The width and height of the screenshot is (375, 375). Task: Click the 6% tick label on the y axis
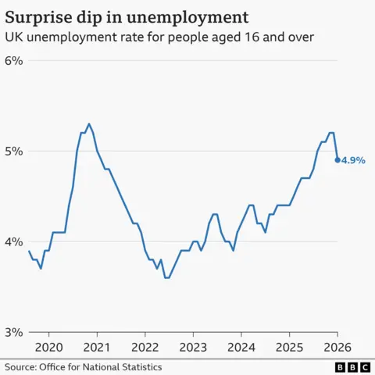click(x=14, y=61)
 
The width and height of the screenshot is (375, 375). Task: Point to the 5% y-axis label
click(x=14, y=151)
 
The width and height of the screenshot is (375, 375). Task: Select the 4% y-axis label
click(x=14, y=241)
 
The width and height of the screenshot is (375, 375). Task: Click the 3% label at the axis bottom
click(x=14, y=332)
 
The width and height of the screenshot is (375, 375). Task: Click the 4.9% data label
click(x=353, y=160)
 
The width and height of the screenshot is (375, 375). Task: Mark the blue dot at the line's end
click(x=337, y=160)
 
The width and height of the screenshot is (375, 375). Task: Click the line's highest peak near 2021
click(x=89, y=123)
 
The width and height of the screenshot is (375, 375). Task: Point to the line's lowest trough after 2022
click(x=166, y=277)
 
